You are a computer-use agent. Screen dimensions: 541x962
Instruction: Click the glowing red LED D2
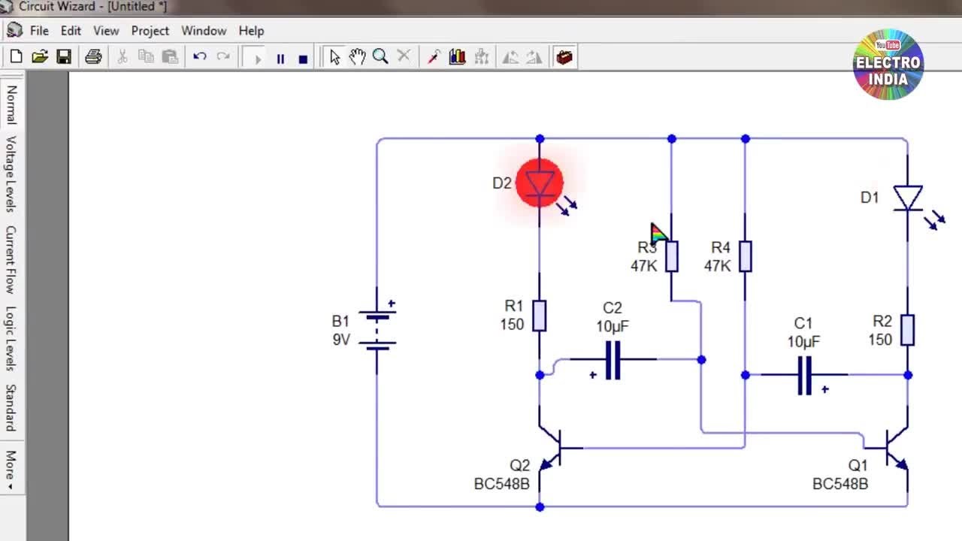540,183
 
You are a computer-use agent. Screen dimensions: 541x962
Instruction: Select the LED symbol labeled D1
907,198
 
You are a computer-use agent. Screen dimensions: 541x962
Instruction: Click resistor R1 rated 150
539,316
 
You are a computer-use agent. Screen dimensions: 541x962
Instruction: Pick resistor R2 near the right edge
907,330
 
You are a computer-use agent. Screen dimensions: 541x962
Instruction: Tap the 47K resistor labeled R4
745,256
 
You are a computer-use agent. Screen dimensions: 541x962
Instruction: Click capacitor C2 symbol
613,360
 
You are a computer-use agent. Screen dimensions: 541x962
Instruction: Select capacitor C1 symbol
804,375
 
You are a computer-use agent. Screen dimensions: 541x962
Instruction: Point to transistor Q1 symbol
894,449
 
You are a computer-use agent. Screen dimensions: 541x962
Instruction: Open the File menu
39,31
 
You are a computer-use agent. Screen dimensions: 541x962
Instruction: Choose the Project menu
150,31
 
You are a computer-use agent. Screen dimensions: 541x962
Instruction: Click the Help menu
251,31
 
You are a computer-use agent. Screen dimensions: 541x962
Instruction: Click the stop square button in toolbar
303,58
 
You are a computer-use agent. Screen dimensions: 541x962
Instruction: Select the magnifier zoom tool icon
380,57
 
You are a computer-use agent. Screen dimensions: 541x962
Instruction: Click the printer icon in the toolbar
93,57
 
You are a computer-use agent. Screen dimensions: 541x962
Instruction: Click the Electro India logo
888,65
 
